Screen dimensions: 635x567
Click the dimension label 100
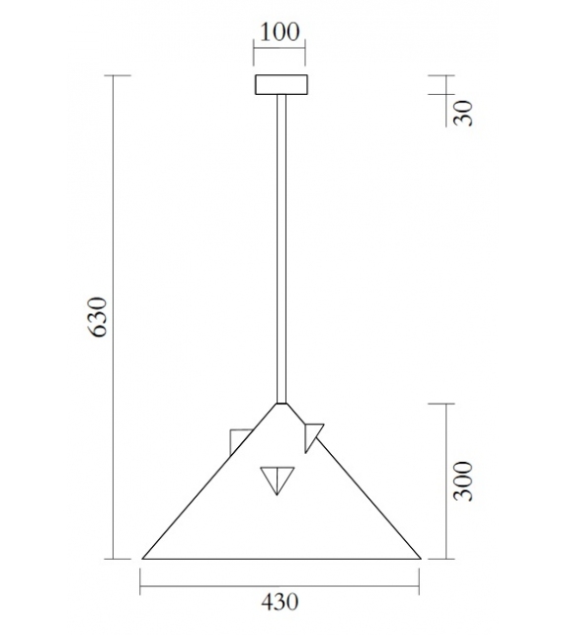point(281,32)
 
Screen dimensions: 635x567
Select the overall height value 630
point(98,317)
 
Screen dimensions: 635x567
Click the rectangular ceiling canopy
point(282,85)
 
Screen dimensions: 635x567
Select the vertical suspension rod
point(282,247)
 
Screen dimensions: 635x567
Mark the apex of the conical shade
point(282,404)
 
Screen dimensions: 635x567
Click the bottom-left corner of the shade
point(143,558)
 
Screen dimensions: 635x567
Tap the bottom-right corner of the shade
point(421,558)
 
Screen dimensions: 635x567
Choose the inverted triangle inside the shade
point(277,480)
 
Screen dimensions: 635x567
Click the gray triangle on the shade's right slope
point(313,433)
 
